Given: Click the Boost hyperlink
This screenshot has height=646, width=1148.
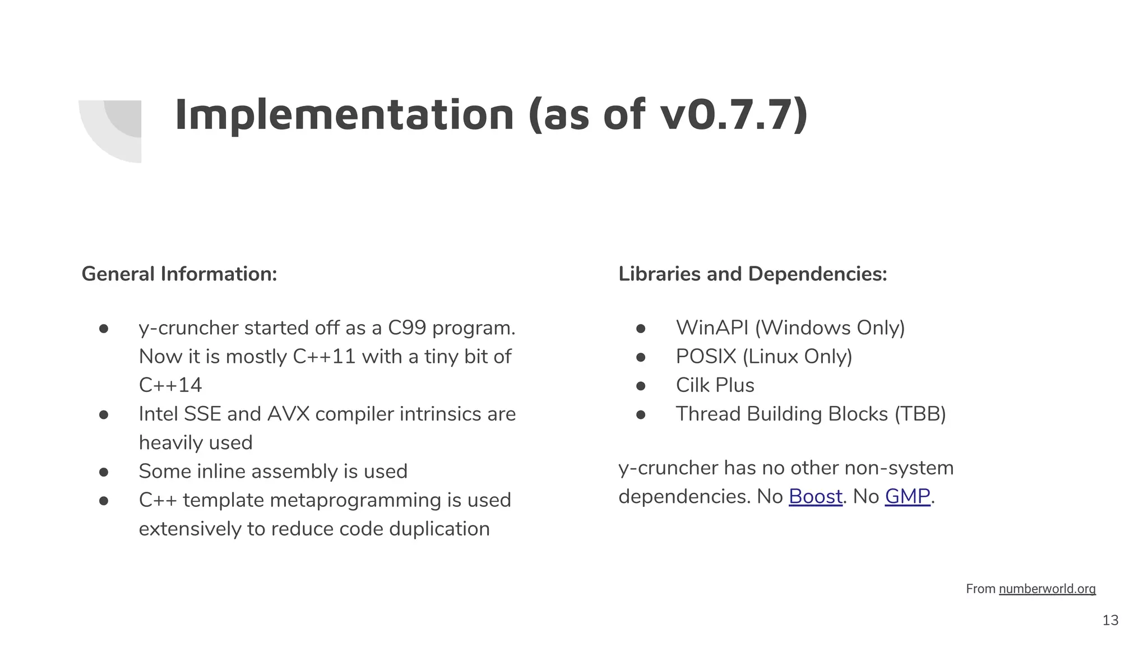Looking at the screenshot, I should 815,496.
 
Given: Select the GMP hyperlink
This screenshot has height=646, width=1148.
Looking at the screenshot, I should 908,496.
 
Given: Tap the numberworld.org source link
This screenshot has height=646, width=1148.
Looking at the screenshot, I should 1047,589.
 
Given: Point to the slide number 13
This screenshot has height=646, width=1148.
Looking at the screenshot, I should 1110,620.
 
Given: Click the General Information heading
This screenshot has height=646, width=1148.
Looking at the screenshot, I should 179,274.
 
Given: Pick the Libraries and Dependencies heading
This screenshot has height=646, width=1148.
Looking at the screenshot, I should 752,274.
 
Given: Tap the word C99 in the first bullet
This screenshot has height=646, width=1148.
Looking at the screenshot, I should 407,328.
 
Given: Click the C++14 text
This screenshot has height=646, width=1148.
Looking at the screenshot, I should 170,385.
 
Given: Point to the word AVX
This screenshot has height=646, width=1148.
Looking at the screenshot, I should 289,414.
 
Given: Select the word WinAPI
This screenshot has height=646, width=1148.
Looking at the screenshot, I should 712,328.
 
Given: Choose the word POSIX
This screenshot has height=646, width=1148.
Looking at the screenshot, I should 706,357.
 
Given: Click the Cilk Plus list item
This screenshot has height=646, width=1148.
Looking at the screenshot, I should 715,385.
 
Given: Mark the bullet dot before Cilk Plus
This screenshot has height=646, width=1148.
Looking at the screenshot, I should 641,386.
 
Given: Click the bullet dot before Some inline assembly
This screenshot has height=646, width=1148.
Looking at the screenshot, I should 104,472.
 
